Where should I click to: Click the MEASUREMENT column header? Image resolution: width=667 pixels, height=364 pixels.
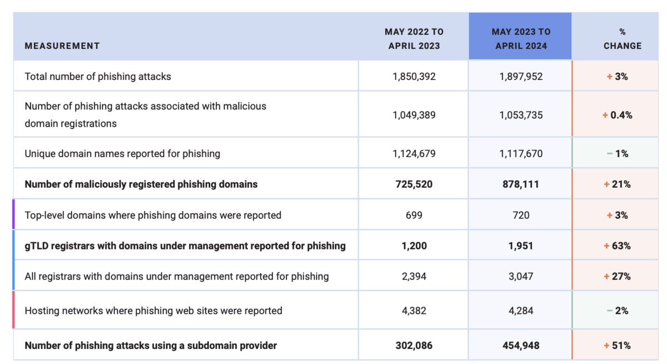(x=62, y=46)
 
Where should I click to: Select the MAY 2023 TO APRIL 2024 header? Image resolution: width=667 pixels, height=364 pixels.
(x=521, y=39)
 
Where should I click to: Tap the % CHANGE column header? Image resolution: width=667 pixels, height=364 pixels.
(x=623, y=39)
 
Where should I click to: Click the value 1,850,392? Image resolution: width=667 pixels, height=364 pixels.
(x=414, y=77)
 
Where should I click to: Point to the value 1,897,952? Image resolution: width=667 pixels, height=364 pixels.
(x=521, y=77)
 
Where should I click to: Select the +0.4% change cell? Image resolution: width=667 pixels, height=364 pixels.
(x=617, y=115)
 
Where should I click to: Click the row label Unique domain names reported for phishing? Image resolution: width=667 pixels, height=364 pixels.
(x=122, y=153)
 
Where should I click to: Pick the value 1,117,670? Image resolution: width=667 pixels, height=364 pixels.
(x=521, y=153)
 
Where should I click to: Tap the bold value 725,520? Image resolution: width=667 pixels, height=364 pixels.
(x=414, y=185)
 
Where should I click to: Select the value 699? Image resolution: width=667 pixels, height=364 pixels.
(x=414, y=215)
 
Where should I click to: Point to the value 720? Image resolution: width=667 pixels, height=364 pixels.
(x=521, y=215)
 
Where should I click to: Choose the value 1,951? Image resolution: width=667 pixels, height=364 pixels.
(x=521, y=246)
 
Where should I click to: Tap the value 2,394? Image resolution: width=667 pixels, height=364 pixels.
(x=414, y=277)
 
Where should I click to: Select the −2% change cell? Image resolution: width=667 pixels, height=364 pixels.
(x=618, y=311)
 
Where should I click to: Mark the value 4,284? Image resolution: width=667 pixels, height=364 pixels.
(x=521, y=311)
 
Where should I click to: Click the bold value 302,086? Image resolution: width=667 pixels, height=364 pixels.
(x=414, y=346)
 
